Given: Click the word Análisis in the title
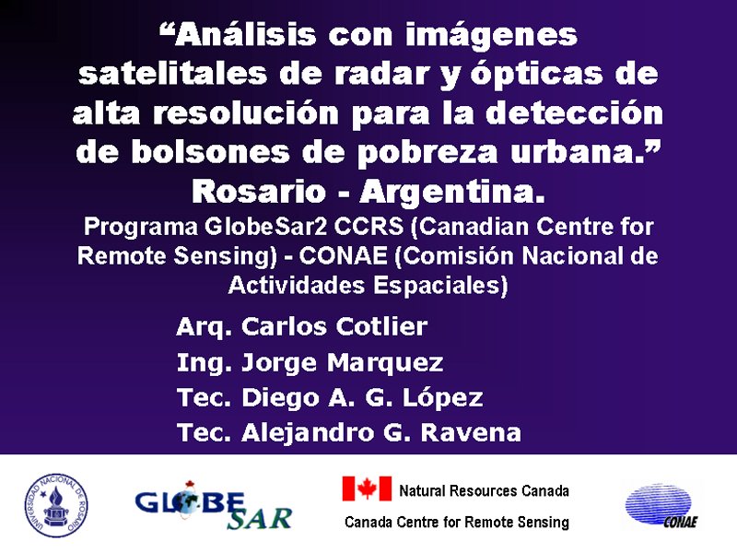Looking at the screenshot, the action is [x=244, y=34].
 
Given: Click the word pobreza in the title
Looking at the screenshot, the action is [x=427, y=153].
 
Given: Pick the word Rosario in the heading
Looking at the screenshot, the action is [x=259, y=192].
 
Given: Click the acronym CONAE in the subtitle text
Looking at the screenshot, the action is [x=343, y=256].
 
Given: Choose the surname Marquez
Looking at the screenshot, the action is [x=385, y=363].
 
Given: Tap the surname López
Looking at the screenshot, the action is [x=442, y=397].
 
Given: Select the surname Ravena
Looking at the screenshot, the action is [x=471, y=432].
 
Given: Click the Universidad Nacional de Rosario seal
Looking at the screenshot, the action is [x=56, y=505].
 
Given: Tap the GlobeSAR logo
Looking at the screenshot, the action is [x=213, y=505].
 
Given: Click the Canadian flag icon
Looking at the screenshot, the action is [x=367, y=488].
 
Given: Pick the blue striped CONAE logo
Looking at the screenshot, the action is [x=661, y=505].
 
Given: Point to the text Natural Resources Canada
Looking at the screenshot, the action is [x=485, y=491].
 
